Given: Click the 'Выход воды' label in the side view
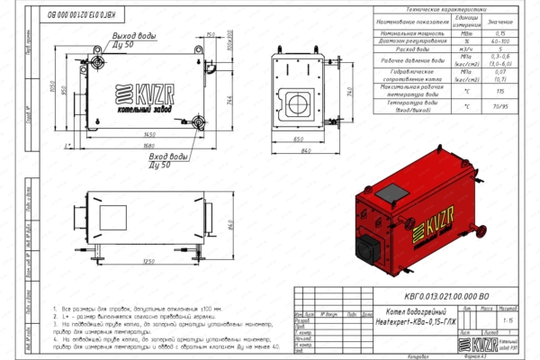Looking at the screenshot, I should tap(135, 35).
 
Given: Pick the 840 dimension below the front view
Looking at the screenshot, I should tap(304, 151).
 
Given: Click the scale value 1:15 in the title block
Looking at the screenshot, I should tap(508, 319).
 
